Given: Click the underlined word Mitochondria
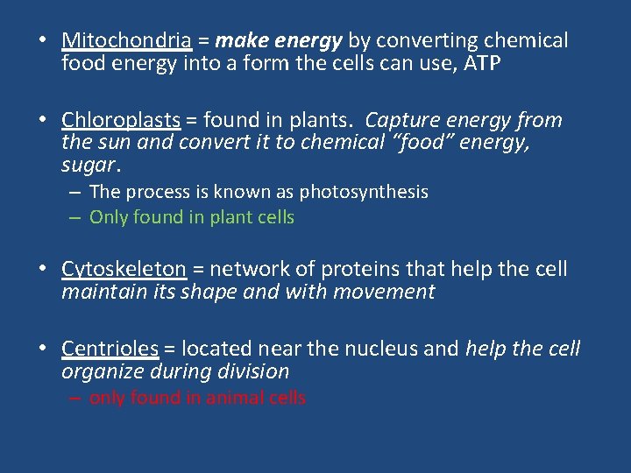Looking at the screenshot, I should click(126, 40).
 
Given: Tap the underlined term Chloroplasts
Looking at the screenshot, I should click(121, 120).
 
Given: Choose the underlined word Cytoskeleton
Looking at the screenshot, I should click(124, 269).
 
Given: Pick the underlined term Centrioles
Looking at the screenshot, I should click(110, 349).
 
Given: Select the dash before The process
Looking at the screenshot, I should click(77, 192).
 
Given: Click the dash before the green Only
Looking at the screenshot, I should click(77, 217).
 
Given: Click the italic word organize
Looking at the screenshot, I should click(99, 371).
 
